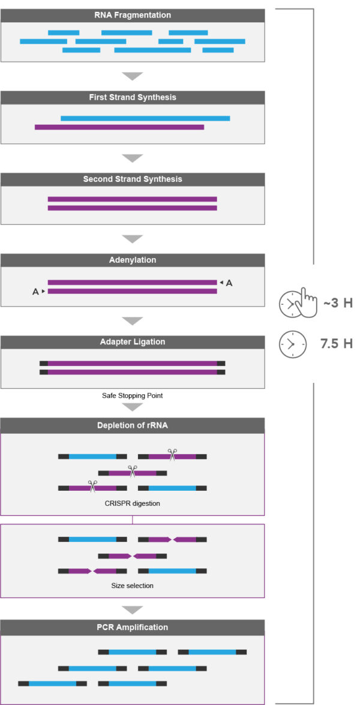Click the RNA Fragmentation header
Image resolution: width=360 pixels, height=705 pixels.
pos(132,15)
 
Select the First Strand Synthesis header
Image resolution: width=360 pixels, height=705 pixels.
pos(132,97)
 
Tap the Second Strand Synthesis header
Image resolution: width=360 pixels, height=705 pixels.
pos(132,179)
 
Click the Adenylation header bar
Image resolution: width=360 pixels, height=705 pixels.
pos(132,260)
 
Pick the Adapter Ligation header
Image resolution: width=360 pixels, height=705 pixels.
pos(132,342)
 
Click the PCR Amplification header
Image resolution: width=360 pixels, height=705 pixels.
pos(132,627)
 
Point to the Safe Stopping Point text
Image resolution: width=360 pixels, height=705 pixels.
pos(132,397)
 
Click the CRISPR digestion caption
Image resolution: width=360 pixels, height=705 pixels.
pos(132,503)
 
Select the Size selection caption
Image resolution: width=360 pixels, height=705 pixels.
pos(132,585)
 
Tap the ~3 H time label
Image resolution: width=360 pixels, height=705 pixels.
pos(337,304)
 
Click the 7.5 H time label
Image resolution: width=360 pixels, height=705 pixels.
pos(336,344)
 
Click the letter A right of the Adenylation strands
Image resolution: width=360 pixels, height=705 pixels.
pos(229,283)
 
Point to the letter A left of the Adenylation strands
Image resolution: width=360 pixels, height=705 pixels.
pos(36,292)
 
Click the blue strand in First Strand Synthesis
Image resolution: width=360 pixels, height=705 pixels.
pos(145,118)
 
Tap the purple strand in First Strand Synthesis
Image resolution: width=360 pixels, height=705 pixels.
pos(119,127)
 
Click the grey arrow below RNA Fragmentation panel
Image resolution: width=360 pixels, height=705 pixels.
pos(132,76)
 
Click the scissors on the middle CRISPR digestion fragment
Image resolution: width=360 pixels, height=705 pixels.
pos(132,472)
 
